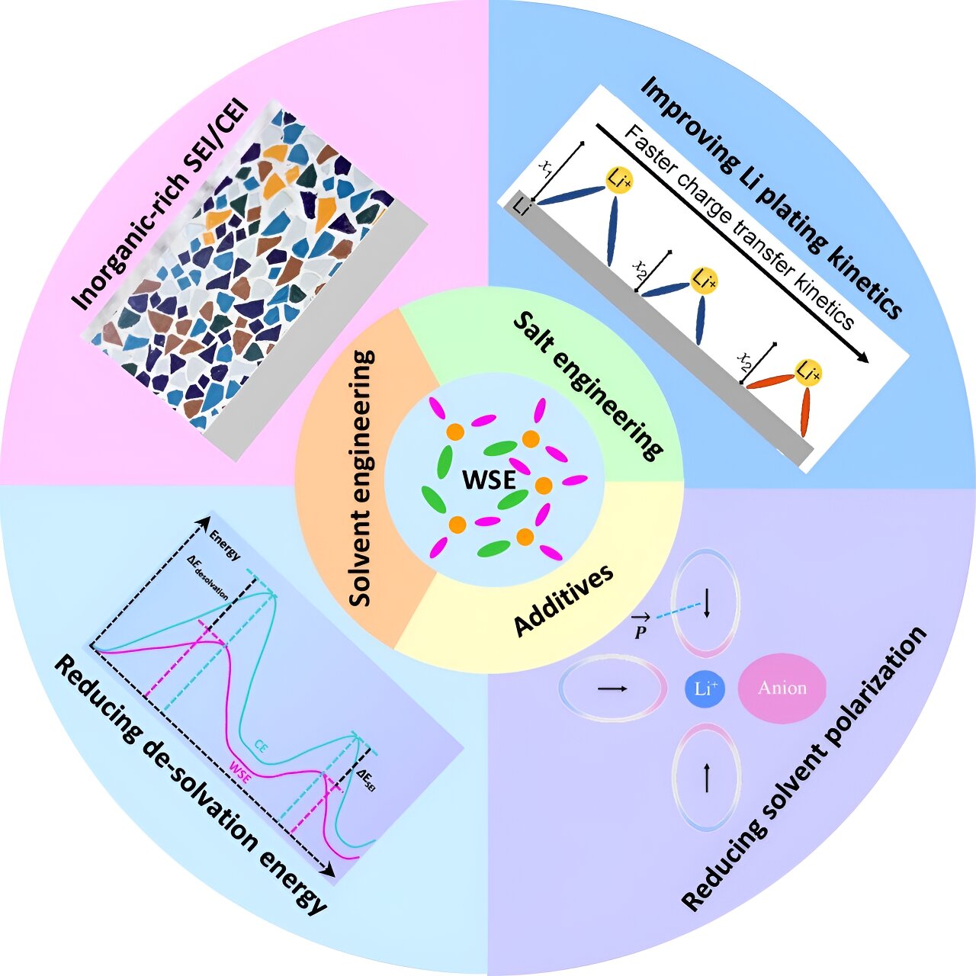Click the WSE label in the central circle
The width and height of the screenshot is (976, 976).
[488, 480]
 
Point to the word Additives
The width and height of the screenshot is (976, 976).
[564, 600]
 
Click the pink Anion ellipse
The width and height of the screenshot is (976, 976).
[782, 688]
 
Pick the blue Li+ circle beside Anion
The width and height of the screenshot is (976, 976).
[705, 689]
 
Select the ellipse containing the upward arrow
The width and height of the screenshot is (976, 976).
[706, 778]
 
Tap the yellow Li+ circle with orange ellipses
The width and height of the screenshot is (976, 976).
[809, 372]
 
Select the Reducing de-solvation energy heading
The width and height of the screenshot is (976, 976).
[191, 785]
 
